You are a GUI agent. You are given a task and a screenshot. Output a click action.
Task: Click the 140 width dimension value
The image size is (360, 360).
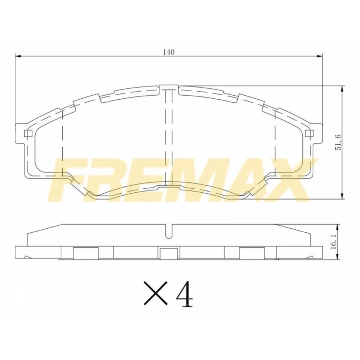(x=169, y=52)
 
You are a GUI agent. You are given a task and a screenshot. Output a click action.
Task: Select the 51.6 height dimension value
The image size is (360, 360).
(x=338, y=142)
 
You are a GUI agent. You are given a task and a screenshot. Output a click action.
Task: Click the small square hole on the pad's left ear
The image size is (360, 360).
(x=28, y=134)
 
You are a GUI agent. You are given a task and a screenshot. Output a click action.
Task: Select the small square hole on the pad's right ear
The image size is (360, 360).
(x=308, y=133)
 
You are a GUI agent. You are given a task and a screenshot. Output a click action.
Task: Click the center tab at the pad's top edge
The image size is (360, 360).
(x=169, y=87)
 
